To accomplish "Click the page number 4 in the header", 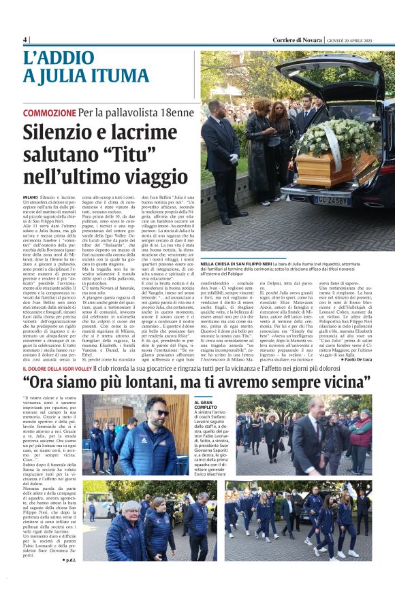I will pyautogui.click(x=25, y=39).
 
